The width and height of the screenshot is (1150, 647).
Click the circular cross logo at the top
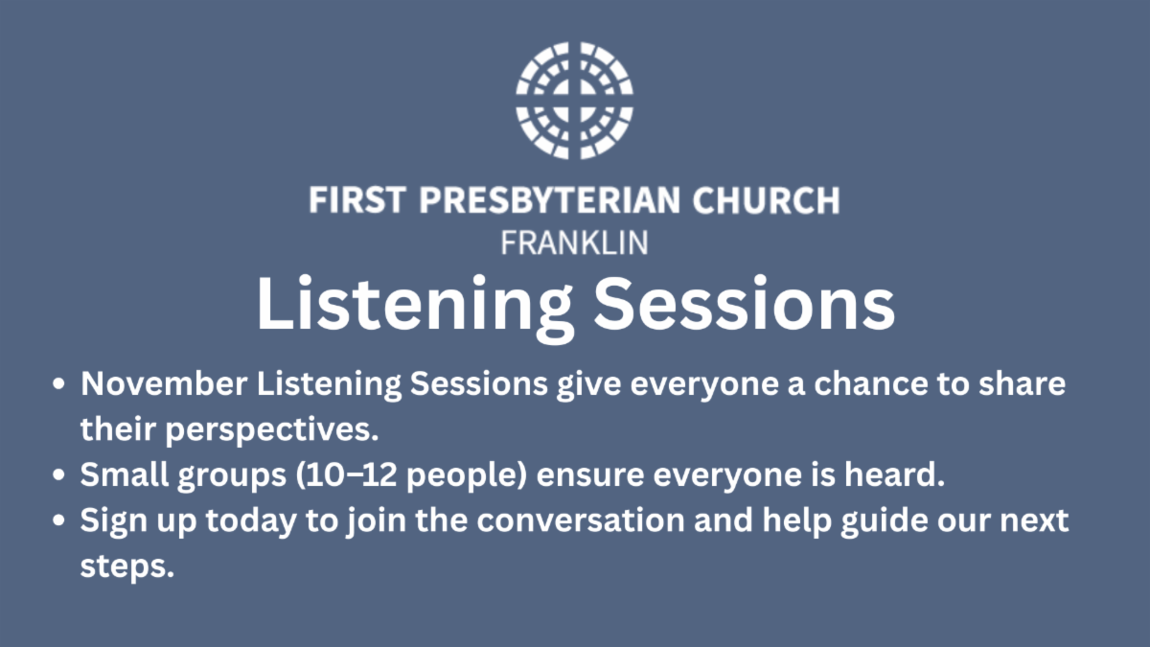574,101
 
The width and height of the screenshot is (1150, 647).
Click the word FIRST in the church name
357,199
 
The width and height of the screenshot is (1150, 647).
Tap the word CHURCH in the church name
766,199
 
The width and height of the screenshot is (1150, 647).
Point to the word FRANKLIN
574,243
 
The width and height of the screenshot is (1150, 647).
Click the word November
164,383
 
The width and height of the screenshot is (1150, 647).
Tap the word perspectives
272,429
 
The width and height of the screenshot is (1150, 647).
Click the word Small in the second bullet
125,474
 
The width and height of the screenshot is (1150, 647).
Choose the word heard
894,474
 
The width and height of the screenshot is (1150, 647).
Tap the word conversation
581,520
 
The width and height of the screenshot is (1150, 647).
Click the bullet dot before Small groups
59,475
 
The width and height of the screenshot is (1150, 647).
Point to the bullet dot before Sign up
59,520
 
